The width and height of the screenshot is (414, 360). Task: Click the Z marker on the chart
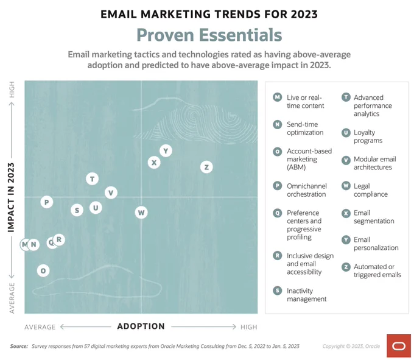[x=206, y=167]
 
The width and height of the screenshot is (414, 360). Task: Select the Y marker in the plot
[x=166, y=151]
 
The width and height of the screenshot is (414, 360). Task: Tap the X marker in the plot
[x=154, y=163]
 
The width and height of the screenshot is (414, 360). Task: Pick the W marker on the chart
[x=141, y=213]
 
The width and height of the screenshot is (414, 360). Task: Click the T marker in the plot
[x=92, y=179]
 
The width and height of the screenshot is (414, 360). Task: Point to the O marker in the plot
[x=43, y=270]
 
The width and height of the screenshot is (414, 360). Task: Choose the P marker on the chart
[x=47, y=202]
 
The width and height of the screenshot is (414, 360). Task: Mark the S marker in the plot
[x=77, y=210]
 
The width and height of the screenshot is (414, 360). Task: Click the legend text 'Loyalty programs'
[x=368, y=136]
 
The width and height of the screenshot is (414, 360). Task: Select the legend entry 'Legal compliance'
[x=371, y=190]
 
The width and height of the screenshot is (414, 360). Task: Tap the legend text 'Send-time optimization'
[x=305, y=129]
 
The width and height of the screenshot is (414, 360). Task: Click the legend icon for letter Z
[x=346, y=267]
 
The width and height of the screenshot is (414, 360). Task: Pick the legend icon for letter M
[x=277, y=97]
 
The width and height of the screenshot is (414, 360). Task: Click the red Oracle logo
[x=399, y=345]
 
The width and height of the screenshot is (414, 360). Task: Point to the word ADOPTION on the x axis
[x=141, y=326]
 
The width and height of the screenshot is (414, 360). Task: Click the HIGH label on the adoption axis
[x=249, y=327]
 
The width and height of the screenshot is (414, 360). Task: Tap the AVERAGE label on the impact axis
[x=12, y=298]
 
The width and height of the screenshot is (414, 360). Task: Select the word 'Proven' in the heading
[x=165, y=35]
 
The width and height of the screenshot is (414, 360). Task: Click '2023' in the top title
[x=304, y=14]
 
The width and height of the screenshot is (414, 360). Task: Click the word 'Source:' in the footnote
[x=19, y=346]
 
